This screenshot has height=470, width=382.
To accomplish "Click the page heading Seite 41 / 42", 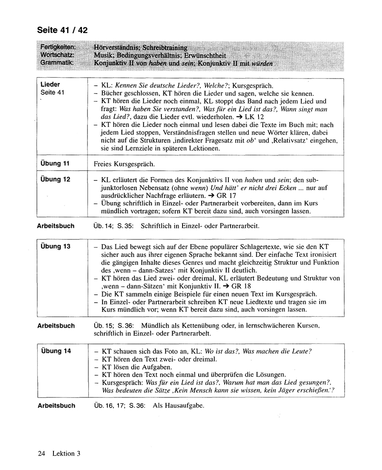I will click(62, 30).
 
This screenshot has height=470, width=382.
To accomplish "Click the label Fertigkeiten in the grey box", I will click(58, 47).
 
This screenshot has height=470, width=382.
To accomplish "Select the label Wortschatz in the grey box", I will click(58, 55).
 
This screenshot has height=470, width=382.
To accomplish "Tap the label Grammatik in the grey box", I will click(57, 63).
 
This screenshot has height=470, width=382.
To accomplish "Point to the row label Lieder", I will click(50, 84).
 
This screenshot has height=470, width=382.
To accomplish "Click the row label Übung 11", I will click(55, 163).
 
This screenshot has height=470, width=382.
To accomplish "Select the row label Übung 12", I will click(55, 179).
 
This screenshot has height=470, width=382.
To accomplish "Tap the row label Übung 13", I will click(55, 246).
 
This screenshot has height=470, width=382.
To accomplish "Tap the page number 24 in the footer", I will click(41, 453).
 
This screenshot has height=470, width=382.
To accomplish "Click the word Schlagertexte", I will click(256, 247).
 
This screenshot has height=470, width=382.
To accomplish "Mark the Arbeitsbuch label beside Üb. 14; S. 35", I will click(56, 226).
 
